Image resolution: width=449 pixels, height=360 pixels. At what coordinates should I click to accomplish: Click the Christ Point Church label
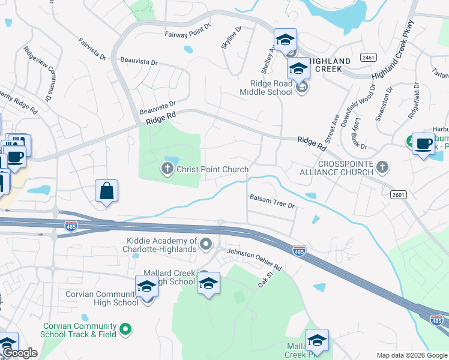(212, 169)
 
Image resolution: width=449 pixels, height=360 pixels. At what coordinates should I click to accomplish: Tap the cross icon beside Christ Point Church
(168, 169)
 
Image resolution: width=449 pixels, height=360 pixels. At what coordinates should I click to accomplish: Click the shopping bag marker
(106, 191)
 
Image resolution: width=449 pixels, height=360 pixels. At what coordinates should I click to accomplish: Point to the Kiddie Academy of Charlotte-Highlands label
(161, 245)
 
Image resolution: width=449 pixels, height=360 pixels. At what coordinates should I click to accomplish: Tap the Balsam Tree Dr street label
(273, 201)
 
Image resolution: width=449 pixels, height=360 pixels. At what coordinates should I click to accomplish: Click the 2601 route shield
(397, 194)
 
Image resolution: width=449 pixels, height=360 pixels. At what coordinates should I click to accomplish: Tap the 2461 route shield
(369, 57)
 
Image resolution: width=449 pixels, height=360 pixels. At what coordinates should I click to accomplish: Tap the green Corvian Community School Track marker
(125, 328)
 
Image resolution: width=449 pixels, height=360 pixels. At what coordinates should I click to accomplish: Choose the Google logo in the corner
(19, 353)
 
